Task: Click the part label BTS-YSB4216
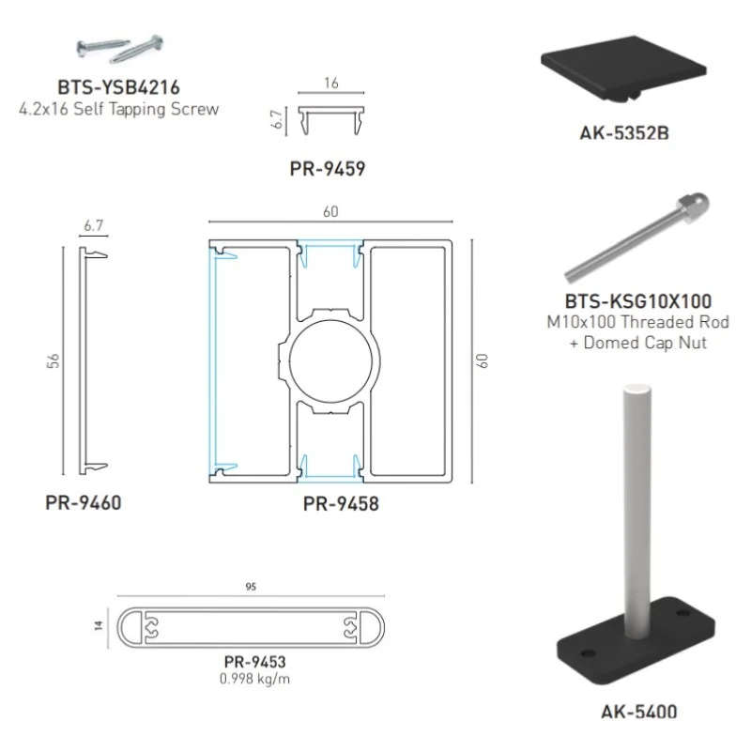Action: click(118, 89)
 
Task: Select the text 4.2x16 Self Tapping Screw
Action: click(118, 109)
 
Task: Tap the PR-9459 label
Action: click(327, 170)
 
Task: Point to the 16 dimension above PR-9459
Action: click(330, 84)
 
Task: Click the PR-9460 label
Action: click(83, 502)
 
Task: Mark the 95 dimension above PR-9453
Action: click(251, 587)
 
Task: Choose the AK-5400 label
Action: click(638, 711)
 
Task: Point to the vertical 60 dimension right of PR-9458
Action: click(483, 360)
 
